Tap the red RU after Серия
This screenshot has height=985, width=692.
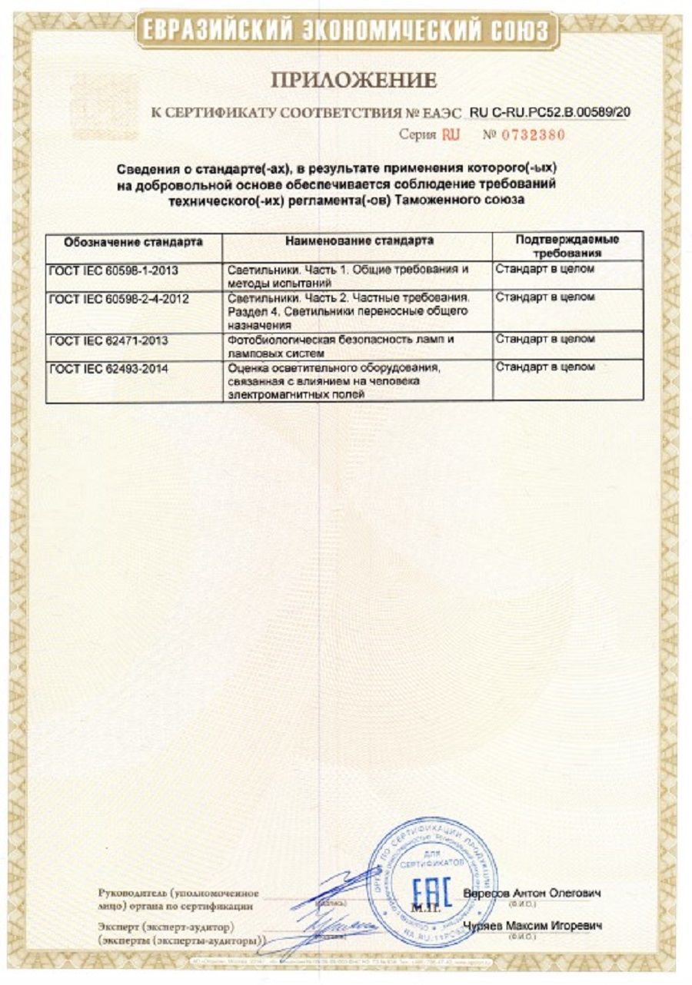click(x=450, y=134)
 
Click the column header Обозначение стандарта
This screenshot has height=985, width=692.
click(x=133, y=241)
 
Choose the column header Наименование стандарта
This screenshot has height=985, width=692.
click(x=359, y=240)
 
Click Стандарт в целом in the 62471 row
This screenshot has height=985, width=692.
click(x=544, y=339)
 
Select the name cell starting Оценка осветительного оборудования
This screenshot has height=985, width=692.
click(x=338, y=381)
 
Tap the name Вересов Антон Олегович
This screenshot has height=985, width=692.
click(x=532, y=893)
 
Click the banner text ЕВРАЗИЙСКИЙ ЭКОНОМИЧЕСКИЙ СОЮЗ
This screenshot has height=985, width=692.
click(x=345, y=32)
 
